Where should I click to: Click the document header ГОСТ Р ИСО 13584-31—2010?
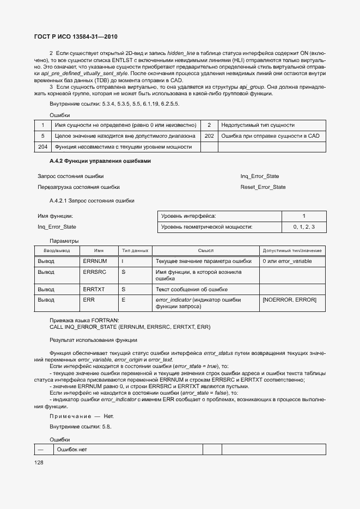(x=75, y=36)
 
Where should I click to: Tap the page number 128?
(x=39, y=462)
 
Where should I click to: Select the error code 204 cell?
(x=42, y=147)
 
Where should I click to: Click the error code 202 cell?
(x=209, y=136)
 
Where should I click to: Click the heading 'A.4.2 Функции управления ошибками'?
(x=100, y=162)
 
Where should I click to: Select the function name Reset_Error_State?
(x=263, y=187)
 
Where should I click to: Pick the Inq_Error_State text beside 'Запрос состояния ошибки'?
(x=259, y=176)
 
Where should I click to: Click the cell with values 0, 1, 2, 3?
(x=303, y=227)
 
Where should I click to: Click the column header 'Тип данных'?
(x=135, y=251)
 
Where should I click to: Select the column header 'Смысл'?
(x=205, y=251)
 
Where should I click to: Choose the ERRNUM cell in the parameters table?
(x=95, y=261)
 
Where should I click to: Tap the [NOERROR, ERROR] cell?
(x=289, y=300)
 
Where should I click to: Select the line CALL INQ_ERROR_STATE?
(x=130, y=327)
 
